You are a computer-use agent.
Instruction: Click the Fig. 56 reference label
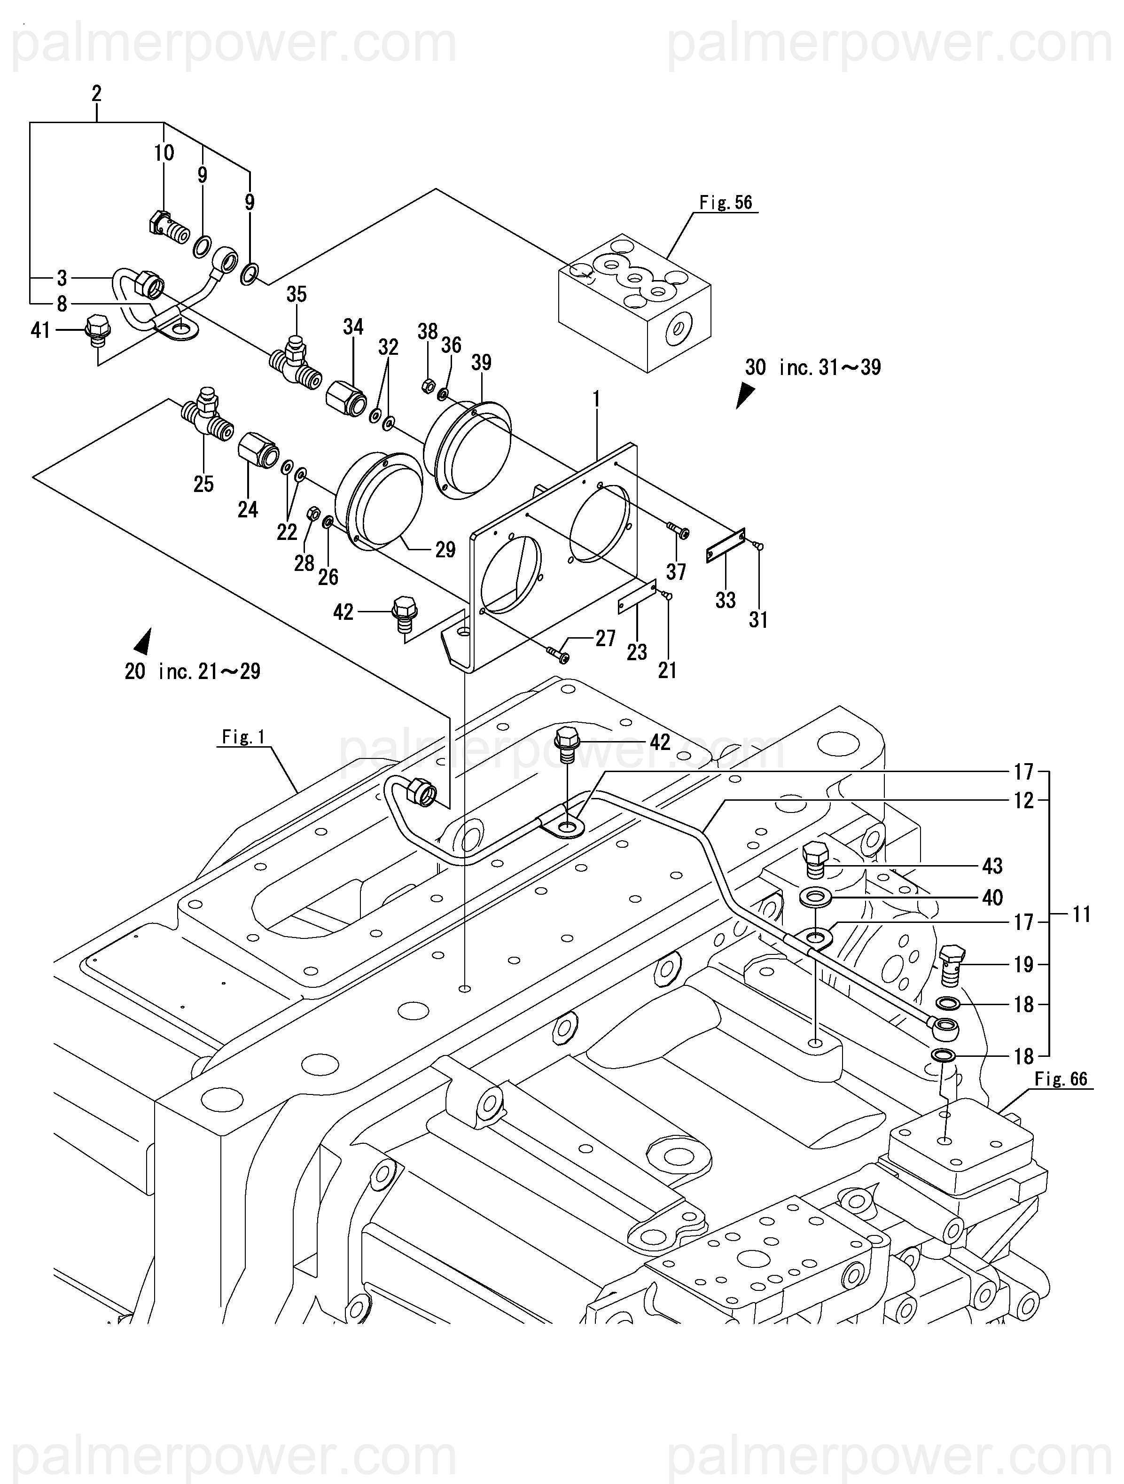point(726,203)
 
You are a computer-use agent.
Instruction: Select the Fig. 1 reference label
point(243,737)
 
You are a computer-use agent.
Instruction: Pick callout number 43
point(992,866)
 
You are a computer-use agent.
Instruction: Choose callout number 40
point(992,898)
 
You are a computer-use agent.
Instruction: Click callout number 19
point(1023,965)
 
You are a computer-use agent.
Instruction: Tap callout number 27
point(605,638)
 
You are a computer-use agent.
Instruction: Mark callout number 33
point(726,600)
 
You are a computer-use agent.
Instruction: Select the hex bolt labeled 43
point(815,858)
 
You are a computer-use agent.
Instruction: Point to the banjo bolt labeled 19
point(952,964)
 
